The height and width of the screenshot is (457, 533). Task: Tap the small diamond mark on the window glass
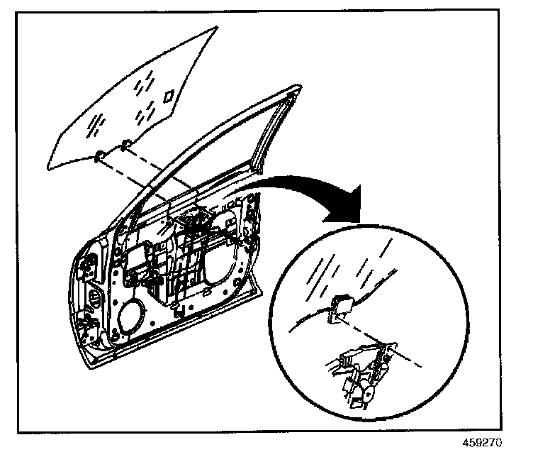click(x=169, y=95)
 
